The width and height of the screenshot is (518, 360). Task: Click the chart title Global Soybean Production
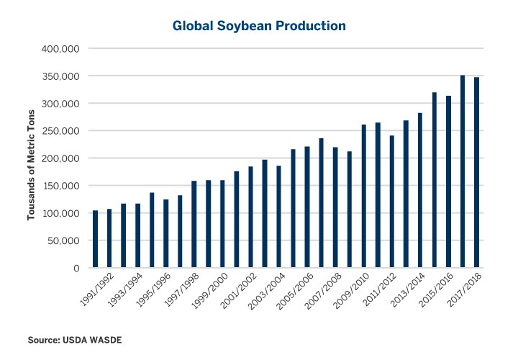[259, 26]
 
